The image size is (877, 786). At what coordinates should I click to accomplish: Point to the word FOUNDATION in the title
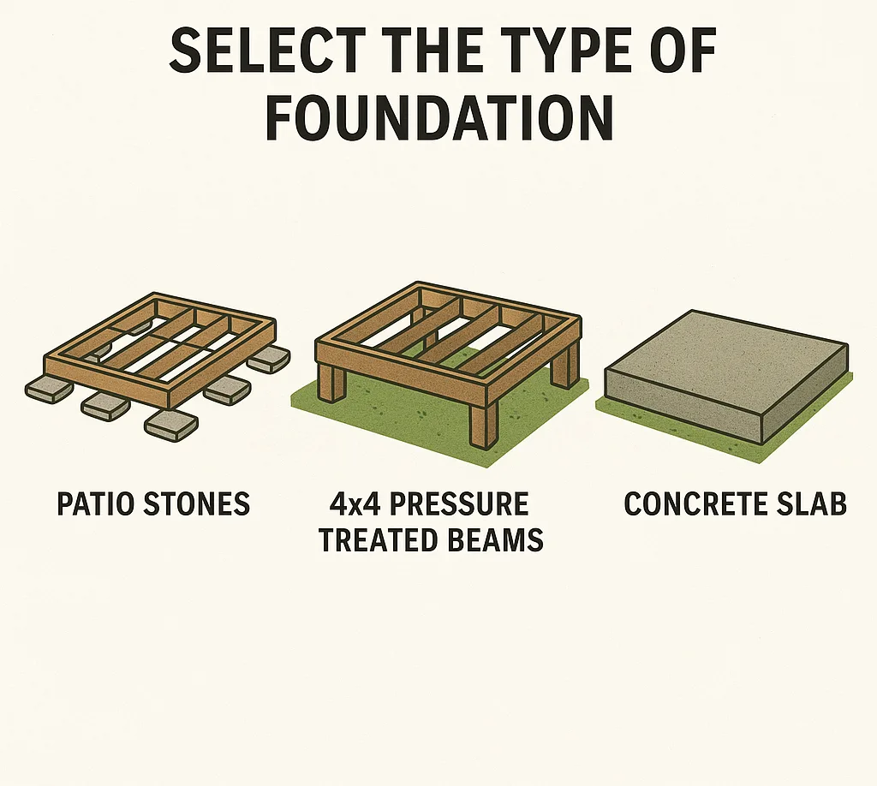coord(438,117)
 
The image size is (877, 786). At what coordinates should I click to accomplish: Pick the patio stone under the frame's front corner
coord(170,423)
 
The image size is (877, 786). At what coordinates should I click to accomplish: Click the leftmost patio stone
coord(50,390)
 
